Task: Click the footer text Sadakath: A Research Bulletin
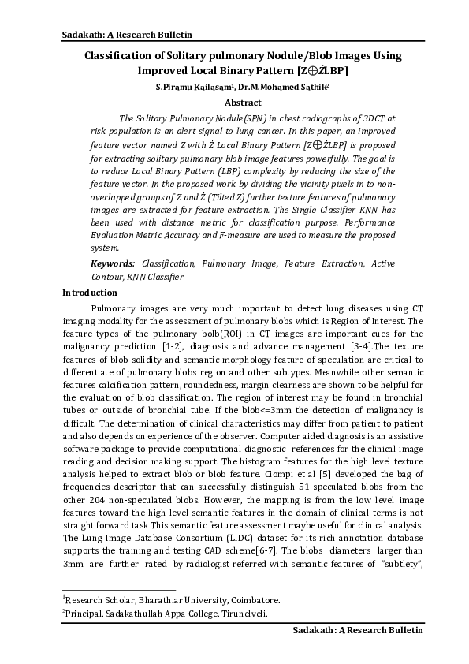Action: point(358,630)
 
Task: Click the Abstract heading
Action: point(243,103)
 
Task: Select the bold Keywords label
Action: point(113,264)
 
